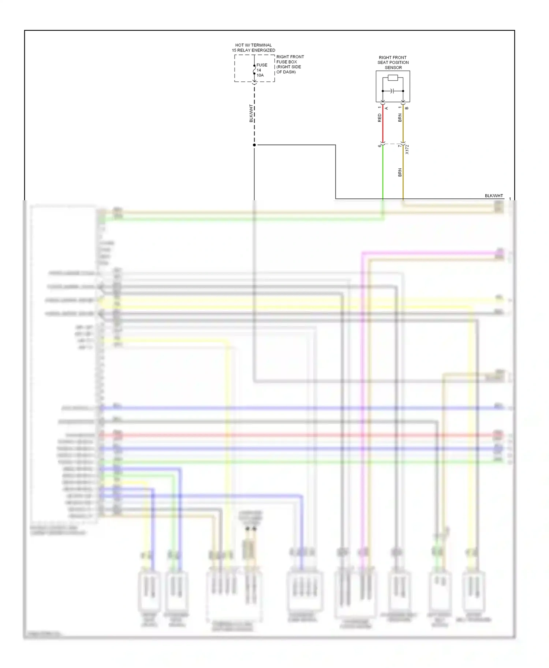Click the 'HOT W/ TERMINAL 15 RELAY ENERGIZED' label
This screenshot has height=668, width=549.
tap(253, 48)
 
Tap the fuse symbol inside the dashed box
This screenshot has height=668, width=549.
tap(254, 69)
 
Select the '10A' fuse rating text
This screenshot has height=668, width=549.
tap(260, 75)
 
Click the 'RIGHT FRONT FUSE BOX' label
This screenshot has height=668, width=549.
tap(290, 59)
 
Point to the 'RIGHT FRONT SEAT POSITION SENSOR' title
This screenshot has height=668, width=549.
tap(393, 62)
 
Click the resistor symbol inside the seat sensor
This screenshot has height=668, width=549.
tap(393, 77)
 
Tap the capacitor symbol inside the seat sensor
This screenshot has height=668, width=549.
tap(392, 91)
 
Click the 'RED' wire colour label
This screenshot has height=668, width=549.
tap(379, 118)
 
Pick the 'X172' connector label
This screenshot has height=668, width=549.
tap(407, 149)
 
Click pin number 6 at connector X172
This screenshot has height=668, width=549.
tap(379, 146)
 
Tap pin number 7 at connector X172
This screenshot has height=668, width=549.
tap(399, 146)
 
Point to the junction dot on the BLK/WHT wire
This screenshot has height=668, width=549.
tap(254, 145)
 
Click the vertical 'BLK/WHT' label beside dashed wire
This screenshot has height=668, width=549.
tap(251, 113)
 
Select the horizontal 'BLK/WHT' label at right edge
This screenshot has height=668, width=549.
tap(494, 196)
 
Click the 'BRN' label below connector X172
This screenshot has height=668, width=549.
tap(400, 172)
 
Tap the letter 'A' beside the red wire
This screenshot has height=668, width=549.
tap(386, 108)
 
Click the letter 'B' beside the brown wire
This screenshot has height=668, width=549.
tap(407, 108)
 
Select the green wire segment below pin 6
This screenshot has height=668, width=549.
tap(383, 172)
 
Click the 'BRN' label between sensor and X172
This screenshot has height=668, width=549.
tap(400, 118)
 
